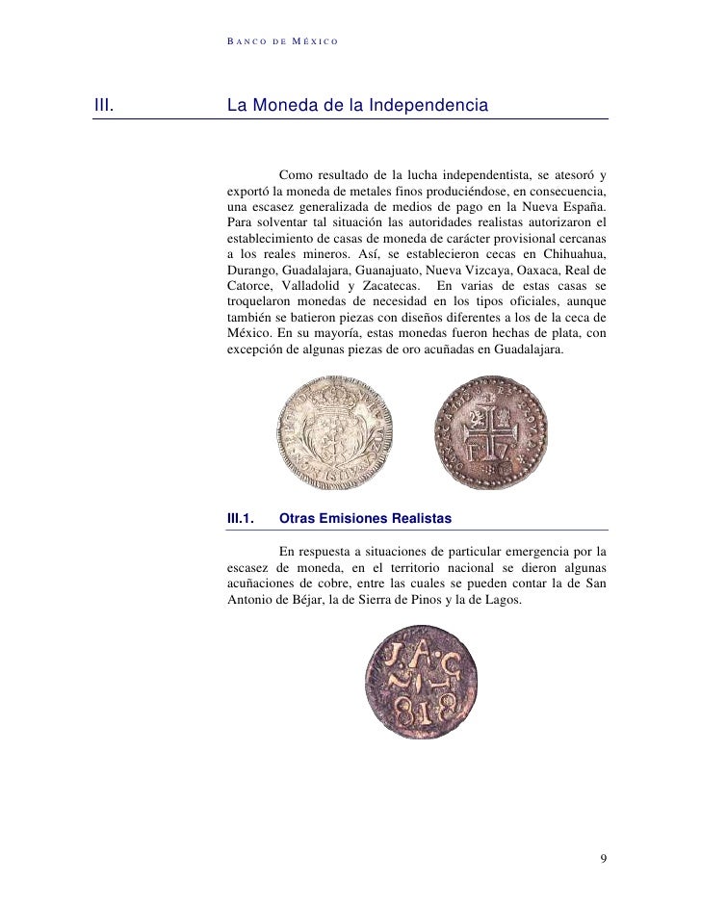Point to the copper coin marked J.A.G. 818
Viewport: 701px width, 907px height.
(423, 683)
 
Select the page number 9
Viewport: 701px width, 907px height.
(603, 858)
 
